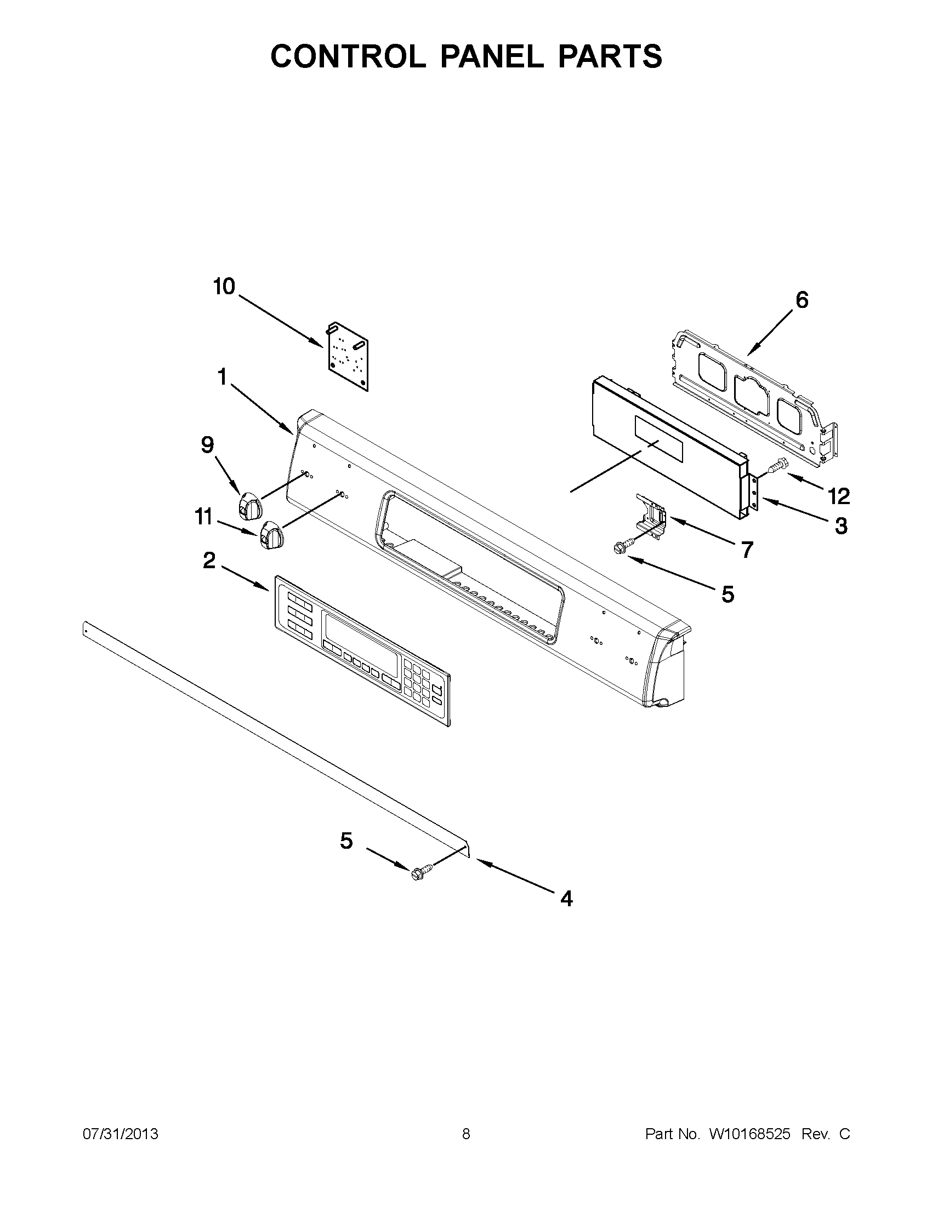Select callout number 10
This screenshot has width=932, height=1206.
point(224,287)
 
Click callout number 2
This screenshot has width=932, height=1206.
point(209,561)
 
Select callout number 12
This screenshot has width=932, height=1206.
point(838,496)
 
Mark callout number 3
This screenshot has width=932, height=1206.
point(840,525)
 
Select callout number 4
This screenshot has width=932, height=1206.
point(566,899)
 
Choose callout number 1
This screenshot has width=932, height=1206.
point(222,378)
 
